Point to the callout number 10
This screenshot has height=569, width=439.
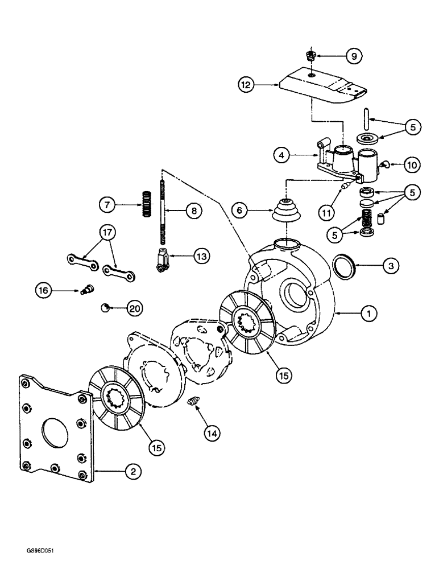[411, 165]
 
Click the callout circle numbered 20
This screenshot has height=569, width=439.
[133, 308]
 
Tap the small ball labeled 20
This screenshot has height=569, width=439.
[105, 307]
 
